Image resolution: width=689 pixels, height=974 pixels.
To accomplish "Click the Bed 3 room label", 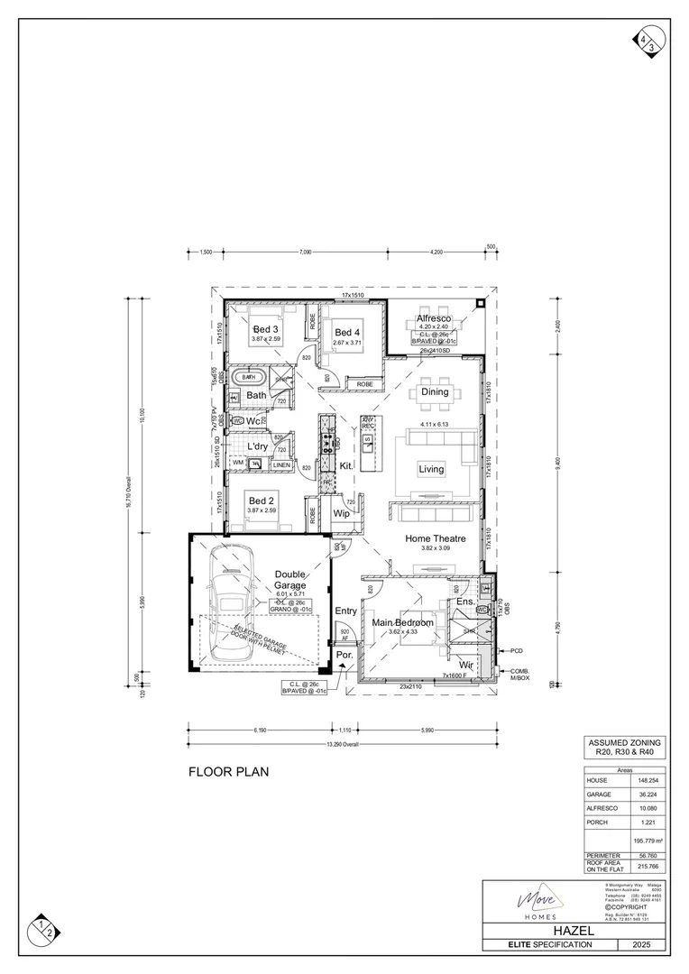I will click(x=266, y=328).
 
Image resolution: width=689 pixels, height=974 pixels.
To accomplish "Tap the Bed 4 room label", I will click(x=346, y=332).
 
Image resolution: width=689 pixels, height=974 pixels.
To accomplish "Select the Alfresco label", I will click(x=433, y=318).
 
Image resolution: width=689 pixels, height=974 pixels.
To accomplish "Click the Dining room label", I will click(x=434, y=392).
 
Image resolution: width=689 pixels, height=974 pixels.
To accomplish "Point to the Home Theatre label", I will click(x=435, y=538).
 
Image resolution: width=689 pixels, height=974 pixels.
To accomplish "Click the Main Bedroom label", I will click(x=402, y=622).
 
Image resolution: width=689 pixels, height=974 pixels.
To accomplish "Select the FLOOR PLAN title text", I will click(x=228, y=772).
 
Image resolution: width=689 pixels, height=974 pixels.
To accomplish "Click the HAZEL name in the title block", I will click(x=577, y=928).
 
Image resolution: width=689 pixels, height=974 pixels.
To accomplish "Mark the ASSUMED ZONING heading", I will click(x=623, y=741).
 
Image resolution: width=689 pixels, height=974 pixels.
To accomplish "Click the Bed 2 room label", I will click(x=262, y=501).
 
